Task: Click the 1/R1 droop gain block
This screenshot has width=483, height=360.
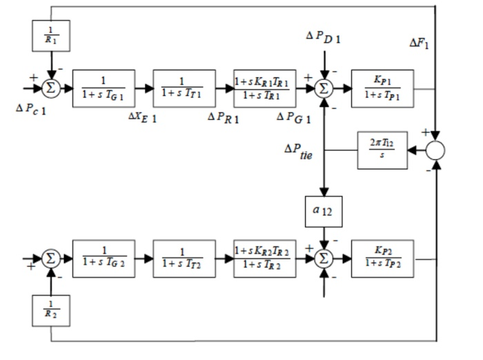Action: coord(51,35)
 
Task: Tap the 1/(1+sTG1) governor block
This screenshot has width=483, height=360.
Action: coord(103,88)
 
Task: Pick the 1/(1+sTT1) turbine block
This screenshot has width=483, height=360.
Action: coord(184,88)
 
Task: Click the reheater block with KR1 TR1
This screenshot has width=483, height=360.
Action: coord(265,88)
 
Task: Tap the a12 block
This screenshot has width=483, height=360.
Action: coord(323,212)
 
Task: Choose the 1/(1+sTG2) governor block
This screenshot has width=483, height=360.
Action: coord(103,259)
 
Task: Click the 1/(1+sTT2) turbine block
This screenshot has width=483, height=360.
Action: coord(184,259)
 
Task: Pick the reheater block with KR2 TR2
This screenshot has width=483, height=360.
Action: coord(265,259)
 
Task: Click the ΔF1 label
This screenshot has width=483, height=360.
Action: coord(420,43)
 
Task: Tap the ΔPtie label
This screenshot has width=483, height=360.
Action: coord(299,151)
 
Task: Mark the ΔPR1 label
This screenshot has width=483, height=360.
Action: coord(222,117)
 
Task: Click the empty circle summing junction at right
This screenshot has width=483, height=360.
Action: coord(435,150)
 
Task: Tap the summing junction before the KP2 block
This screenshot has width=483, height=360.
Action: coord(323,259)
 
